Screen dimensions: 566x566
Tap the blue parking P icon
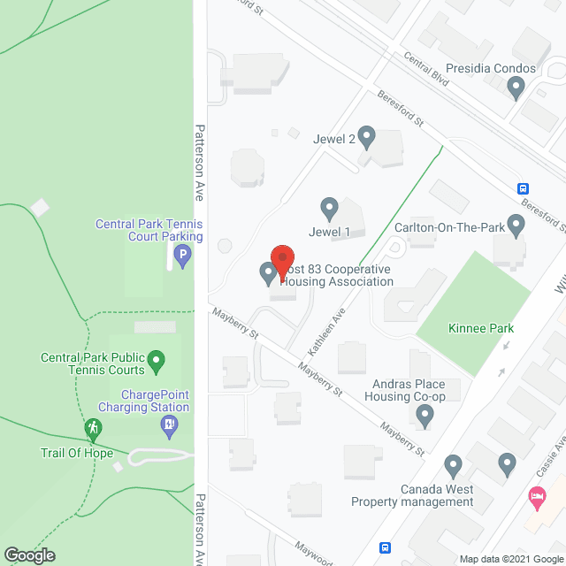point(182,257)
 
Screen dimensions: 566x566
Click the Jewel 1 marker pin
point(330,209)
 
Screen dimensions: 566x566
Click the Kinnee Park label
point(479,328)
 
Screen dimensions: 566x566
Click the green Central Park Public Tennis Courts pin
point(157,360)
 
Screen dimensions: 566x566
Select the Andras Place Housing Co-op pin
point(426,414)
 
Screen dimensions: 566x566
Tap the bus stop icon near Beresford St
point(524,187)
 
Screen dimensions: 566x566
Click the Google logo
point(28,555)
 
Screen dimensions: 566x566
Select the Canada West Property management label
point(412,495)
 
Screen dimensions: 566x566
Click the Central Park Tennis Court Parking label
point(149,230)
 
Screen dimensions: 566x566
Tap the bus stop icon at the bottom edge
point(385,547)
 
